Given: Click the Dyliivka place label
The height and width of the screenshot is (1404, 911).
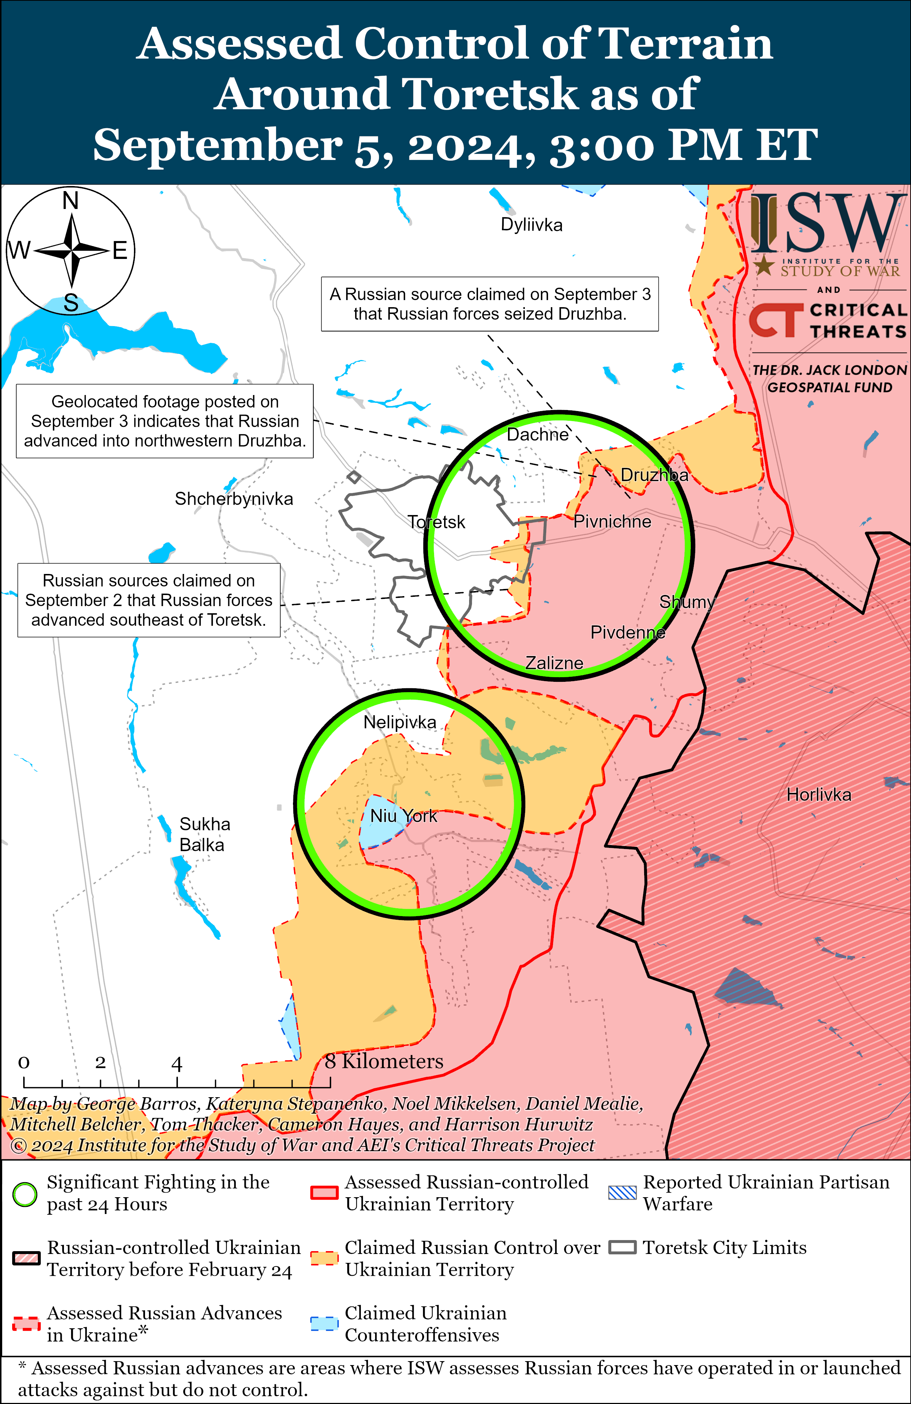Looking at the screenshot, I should (x=531, y=225).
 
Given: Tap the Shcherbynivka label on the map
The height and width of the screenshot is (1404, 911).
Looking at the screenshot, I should (x=234, y=499).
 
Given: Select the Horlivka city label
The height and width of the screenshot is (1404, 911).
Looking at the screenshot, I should (x=818, y=795).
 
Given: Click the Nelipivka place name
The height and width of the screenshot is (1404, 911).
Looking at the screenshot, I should (x=399, y=722).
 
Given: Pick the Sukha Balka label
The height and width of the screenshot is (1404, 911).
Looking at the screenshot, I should (x=204, y=834).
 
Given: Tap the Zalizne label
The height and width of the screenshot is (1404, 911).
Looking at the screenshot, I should (x=554, y=663).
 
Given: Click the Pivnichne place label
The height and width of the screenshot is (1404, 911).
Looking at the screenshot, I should (x=612, y=521).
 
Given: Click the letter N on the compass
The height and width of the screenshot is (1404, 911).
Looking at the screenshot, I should (x=71, y=201).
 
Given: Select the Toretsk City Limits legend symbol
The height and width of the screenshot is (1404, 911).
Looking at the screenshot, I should (x=622, y=1248).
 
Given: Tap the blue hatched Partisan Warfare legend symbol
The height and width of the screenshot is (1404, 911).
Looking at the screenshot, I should (x=622, y=1193).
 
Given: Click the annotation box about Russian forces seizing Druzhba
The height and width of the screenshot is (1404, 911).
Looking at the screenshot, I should (x=490, y=304).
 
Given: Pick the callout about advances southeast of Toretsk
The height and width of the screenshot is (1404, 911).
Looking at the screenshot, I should (x=149, y=600).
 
